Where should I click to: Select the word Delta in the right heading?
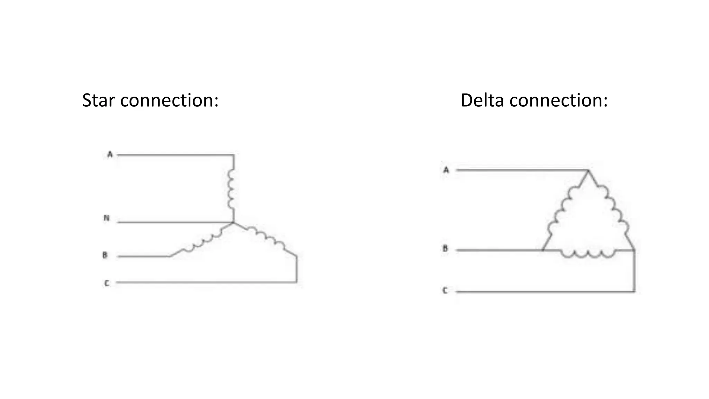[482, 100]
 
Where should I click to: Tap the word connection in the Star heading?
[169, 100]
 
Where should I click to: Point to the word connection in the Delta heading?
[558, 100]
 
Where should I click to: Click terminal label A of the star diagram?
[110, 154]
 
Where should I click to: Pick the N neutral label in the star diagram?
[107, 218]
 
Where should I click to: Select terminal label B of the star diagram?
[105, 256]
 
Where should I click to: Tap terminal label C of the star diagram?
[107, 283]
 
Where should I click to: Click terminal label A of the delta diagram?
[446, 170]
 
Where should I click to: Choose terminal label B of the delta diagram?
[446, 249]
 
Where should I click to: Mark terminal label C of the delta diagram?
[445, 291]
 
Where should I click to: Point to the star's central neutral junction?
[233, 222]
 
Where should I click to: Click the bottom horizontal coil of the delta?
[588, 254]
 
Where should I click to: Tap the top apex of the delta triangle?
[588, 170]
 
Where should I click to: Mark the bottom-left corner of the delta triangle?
[542, 250]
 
